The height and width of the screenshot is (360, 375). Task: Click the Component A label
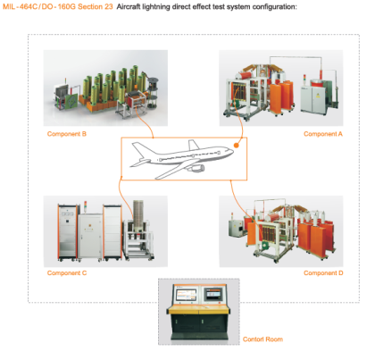323,134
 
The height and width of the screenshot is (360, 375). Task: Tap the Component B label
67,134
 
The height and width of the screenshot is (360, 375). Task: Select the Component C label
67,273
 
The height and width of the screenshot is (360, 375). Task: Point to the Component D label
323,273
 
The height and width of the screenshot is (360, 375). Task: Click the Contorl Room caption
262,339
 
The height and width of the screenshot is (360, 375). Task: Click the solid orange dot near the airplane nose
237,146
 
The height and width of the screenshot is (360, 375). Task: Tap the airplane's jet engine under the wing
197,169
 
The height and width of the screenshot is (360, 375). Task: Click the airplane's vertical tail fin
193,145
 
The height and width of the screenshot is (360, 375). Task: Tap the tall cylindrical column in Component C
137,216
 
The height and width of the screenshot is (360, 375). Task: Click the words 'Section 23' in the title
96,6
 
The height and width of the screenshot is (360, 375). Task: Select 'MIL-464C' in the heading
21,6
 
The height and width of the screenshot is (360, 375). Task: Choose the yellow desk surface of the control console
199,310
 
